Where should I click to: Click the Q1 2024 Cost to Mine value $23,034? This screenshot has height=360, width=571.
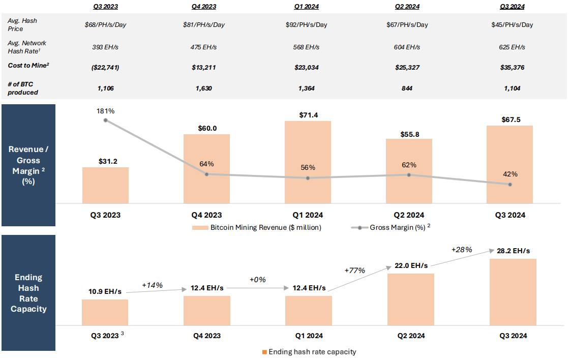[307, 67]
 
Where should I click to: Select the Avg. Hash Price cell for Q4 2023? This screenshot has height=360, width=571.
[206, 24]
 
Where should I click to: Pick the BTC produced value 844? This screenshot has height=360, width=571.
[409, 88]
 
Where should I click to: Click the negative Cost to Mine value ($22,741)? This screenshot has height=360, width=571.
[105, 67]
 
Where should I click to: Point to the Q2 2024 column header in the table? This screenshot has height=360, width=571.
[409, 7]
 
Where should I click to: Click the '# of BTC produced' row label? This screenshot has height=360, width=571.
[23, 88]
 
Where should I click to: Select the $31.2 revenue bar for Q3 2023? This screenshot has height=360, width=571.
[105, 186]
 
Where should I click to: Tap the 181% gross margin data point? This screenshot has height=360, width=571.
[105, 120]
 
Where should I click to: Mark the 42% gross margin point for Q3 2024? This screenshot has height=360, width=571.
[510, 184]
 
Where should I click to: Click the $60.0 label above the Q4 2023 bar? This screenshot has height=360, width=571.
[207, 128]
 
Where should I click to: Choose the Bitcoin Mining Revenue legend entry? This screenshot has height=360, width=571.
[257, 227]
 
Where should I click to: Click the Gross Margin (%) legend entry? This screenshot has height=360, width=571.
[392, 227]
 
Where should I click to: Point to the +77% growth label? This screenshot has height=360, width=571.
[355, 270]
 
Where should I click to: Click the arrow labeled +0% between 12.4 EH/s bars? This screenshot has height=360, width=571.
[257, 288]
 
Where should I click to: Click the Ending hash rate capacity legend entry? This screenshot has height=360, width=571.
[309, 352]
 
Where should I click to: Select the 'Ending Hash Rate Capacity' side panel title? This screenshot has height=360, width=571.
[28, 293]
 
